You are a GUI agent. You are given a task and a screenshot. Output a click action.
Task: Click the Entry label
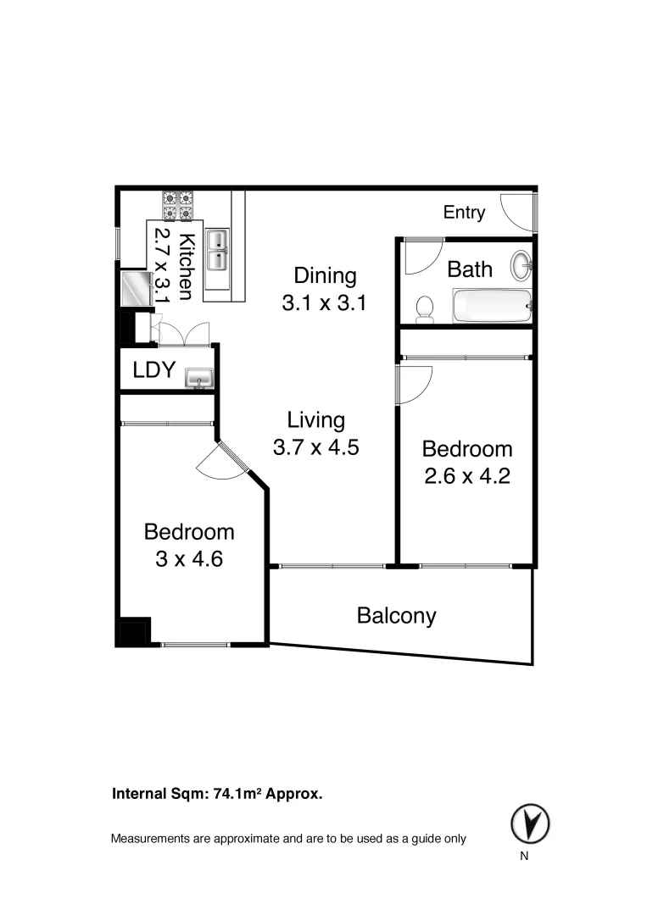[464, 213]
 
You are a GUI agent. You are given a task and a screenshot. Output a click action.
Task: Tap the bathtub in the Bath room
[492, 306]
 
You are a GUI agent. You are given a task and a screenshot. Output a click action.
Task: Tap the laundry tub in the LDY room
[199, 377]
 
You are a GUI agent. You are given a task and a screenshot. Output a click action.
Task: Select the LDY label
[153, 369]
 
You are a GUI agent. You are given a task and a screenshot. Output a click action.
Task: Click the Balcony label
[396, 615]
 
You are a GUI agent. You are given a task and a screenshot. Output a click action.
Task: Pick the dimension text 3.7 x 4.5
[315, 447]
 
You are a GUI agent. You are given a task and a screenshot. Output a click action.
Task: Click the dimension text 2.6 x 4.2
[467, 475]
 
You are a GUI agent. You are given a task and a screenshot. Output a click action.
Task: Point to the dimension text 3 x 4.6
[189, 559]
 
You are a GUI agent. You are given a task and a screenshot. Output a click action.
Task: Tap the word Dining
[325, 275]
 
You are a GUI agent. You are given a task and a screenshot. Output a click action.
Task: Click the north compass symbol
[530, 822]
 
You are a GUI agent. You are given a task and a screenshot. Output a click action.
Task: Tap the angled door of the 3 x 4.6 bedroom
[222, 463]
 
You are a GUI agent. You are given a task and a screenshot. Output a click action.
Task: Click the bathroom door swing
[421, 257]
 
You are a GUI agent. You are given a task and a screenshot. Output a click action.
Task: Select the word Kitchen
[186, 266]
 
